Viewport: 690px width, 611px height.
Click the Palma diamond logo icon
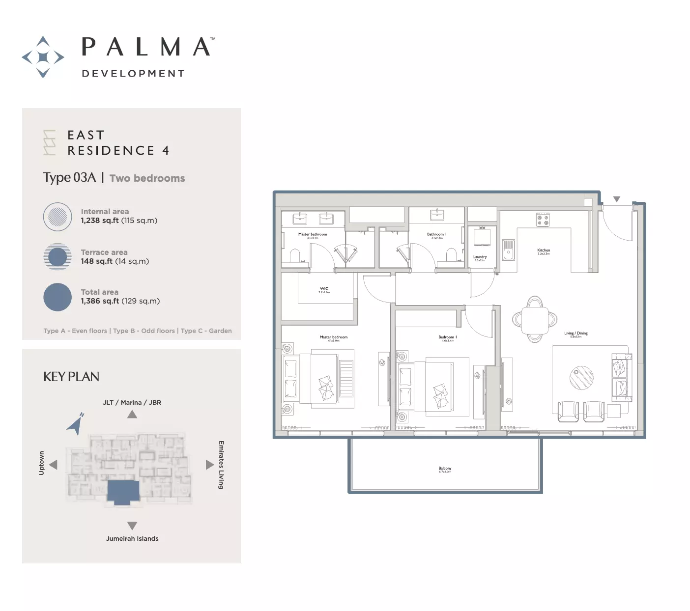[x=43, y=57]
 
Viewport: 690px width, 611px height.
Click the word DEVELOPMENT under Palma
[x=133, y=74]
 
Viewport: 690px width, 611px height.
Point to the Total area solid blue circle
[x=57, y=297]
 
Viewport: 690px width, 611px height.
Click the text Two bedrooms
[x=147, y=178]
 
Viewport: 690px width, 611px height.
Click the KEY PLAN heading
[x=71, y=377]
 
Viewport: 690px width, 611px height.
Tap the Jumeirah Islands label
[x=132, y=539]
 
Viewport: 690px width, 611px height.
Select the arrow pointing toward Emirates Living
[x=209, y=465]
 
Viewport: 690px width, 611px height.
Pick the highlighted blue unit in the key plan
[x=123, y=492]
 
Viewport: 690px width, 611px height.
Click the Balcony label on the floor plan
[x=445, y=469]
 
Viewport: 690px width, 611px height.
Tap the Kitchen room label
[x=544, y=250]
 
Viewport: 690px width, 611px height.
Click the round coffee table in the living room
[x=581, y=378]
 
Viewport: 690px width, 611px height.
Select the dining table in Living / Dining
[x=535, y=319]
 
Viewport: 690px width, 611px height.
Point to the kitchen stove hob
[x=543, y=220]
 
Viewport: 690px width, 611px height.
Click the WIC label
[x=324, y=289]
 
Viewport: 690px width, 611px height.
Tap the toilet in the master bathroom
[x=295, y=256]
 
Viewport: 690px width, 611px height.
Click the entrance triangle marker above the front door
[x=617, y=199]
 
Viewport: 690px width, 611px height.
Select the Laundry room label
[x=480, y=257]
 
